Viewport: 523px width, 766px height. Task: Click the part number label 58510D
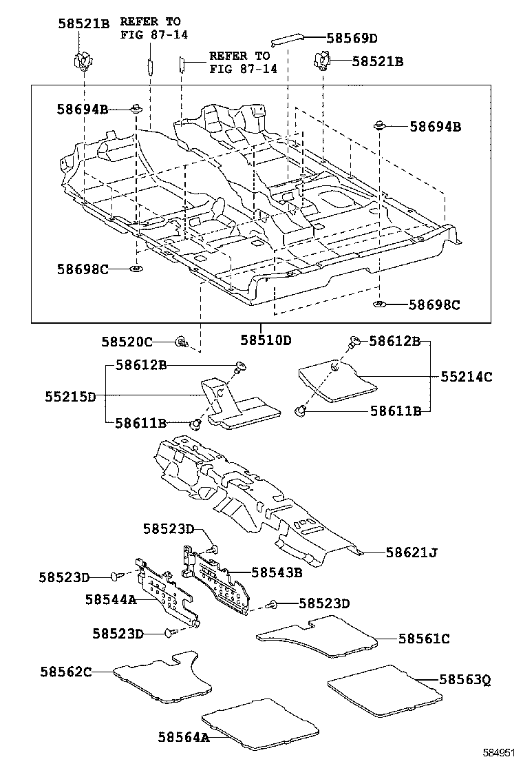pos(266,340)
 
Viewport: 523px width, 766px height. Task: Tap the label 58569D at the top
pos(352,39)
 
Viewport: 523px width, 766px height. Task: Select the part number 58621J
pos(412,552)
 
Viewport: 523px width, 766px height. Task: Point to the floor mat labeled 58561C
pos(317,636)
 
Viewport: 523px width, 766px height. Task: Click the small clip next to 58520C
pos(182,341)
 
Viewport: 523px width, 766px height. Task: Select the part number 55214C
pos(467,377)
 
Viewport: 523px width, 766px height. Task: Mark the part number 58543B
pos(277,572)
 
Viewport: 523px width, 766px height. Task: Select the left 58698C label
pos(83,269)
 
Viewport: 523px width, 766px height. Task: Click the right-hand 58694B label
pos(435,127)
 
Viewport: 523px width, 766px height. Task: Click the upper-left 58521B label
pos(83,24)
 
